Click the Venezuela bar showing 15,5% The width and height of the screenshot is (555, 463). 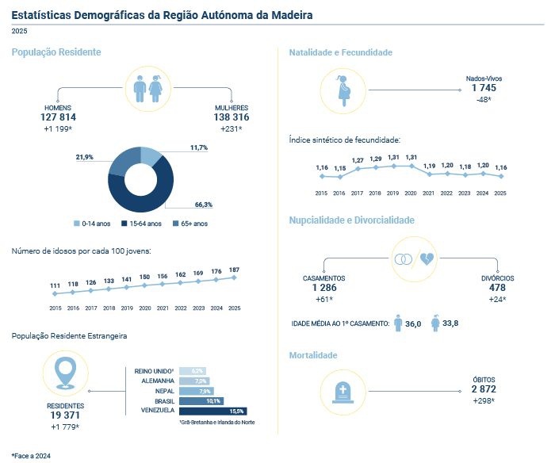point(213,411)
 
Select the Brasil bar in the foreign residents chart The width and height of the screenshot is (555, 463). point(201,401)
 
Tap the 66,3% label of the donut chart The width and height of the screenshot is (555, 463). point(204,205)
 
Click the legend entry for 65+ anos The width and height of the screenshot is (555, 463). point(190,224)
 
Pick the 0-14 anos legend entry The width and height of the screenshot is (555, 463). point(92,224)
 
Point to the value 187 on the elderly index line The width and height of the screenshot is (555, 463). point(234,270)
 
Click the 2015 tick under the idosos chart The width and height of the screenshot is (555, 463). point(55,308)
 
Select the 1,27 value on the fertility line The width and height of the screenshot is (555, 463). point(358,160)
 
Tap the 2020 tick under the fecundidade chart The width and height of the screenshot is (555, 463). point(411,193)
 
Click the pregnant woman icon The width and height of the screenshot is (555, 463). point(343,90)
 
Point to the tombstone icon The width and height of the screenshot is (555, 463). point(343,392)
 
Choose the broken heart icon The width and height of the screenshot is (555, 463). point(427,259)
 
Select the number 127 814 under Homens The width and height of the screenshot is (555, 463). point(58,117)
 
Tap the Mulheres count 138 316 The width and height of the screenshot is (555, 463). point(232,117)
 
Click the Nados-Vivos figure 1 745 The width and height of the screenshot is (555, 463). point(484,88)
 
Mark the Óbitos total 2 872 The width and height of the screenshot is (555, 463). point(484,389)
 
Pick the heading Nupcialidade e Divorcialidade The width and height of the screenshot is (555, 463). point(352,220)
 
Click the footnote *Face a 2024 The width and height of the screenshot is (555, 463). point(31,456)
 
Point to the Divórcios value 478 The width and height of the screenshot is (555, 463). point(497,288)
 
